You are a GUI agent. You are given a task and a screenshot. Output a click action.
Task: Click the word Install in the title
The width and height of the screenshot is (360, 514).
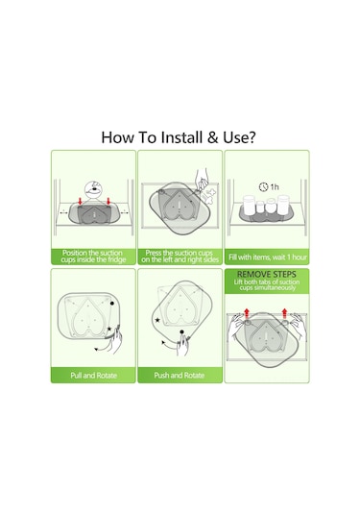tap(181, 137)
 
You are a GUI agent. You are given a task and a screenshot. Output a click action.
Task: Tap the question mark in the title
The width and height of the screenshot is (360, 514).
tap(252, 137)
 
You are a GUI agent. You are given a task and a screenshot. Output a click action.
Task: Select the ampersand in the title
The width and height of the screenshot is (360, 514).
tap(212, 137)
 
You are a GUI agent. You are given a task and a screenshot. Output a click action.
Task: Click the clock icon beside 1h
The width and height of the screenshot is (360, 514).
tap(263, 186)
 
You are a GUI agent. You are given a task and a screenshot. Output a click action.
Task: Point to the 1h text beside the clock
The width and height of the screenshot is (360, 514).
tap(275, 187)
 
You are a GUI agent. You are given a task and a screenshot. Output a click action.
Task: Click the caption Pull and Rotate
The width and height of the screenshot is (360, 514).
tap(93, 376)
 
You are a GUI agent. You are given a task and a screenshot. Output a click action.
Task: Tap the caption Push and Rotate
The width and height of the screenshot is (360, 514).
tap(180, 376)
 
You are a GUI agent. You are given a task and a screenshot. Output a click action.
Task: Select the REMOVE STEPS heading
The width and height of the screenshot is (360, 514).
tap(267, 275)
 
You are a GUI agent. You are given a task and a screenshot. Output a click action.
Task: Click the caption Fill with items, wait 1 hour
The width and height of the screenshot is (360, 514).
tap(267, 257)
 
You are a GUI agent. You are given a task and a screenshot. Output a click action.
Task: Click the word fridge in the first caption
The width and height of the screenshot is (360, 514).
tap(116, 259)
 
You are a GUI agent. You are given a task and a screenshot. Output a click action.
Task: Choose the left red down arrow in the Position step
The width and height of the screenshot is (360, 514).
tap(81, 201)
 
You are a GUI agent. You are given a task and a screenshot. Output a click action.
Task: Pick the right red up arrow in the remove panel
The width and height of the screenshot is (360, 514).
tap(285, 313)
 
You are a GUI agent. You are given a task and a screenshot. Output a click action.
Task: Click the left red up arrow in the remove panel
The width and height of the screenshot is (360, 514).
tap(247, 313)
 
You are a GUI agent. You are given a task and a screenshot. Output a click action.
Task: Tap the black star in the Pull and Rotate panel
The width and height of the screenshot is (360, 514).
tap(109, 329)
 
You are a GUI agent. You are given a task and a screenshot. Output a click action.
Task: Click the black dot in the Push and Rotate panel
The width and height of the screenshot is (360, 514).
tap(181, 332)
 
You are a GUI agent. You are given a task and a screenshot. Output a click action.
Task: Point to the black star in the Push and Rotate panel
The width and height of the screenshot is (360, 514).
tap(157, 320)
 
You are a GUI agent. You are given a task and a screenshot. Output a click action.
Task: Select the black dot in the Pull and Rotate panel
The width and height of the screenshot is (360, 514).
tap(112, 304)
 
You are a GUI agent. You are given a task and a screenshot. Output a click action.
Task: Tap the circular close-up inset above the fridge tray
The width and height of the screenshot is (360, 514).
tap(94, 190)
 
